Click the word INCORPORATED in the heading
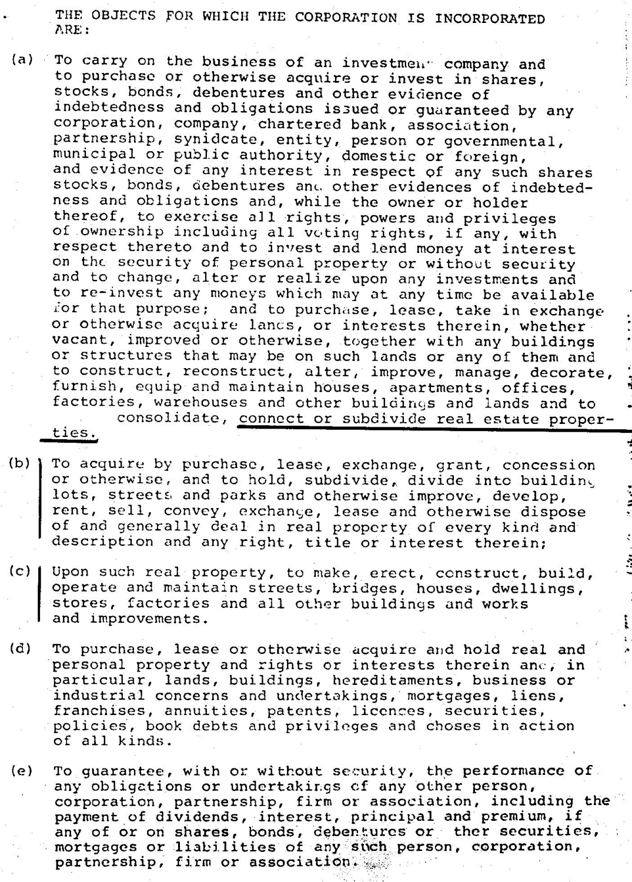point(490,18)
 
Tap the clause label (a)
point(23,60)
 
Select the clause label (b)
point(21,463)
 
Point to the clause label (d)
point(21,649)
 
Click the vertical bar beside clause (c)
point(41,594)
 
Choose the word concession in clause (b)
point(549,466)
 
